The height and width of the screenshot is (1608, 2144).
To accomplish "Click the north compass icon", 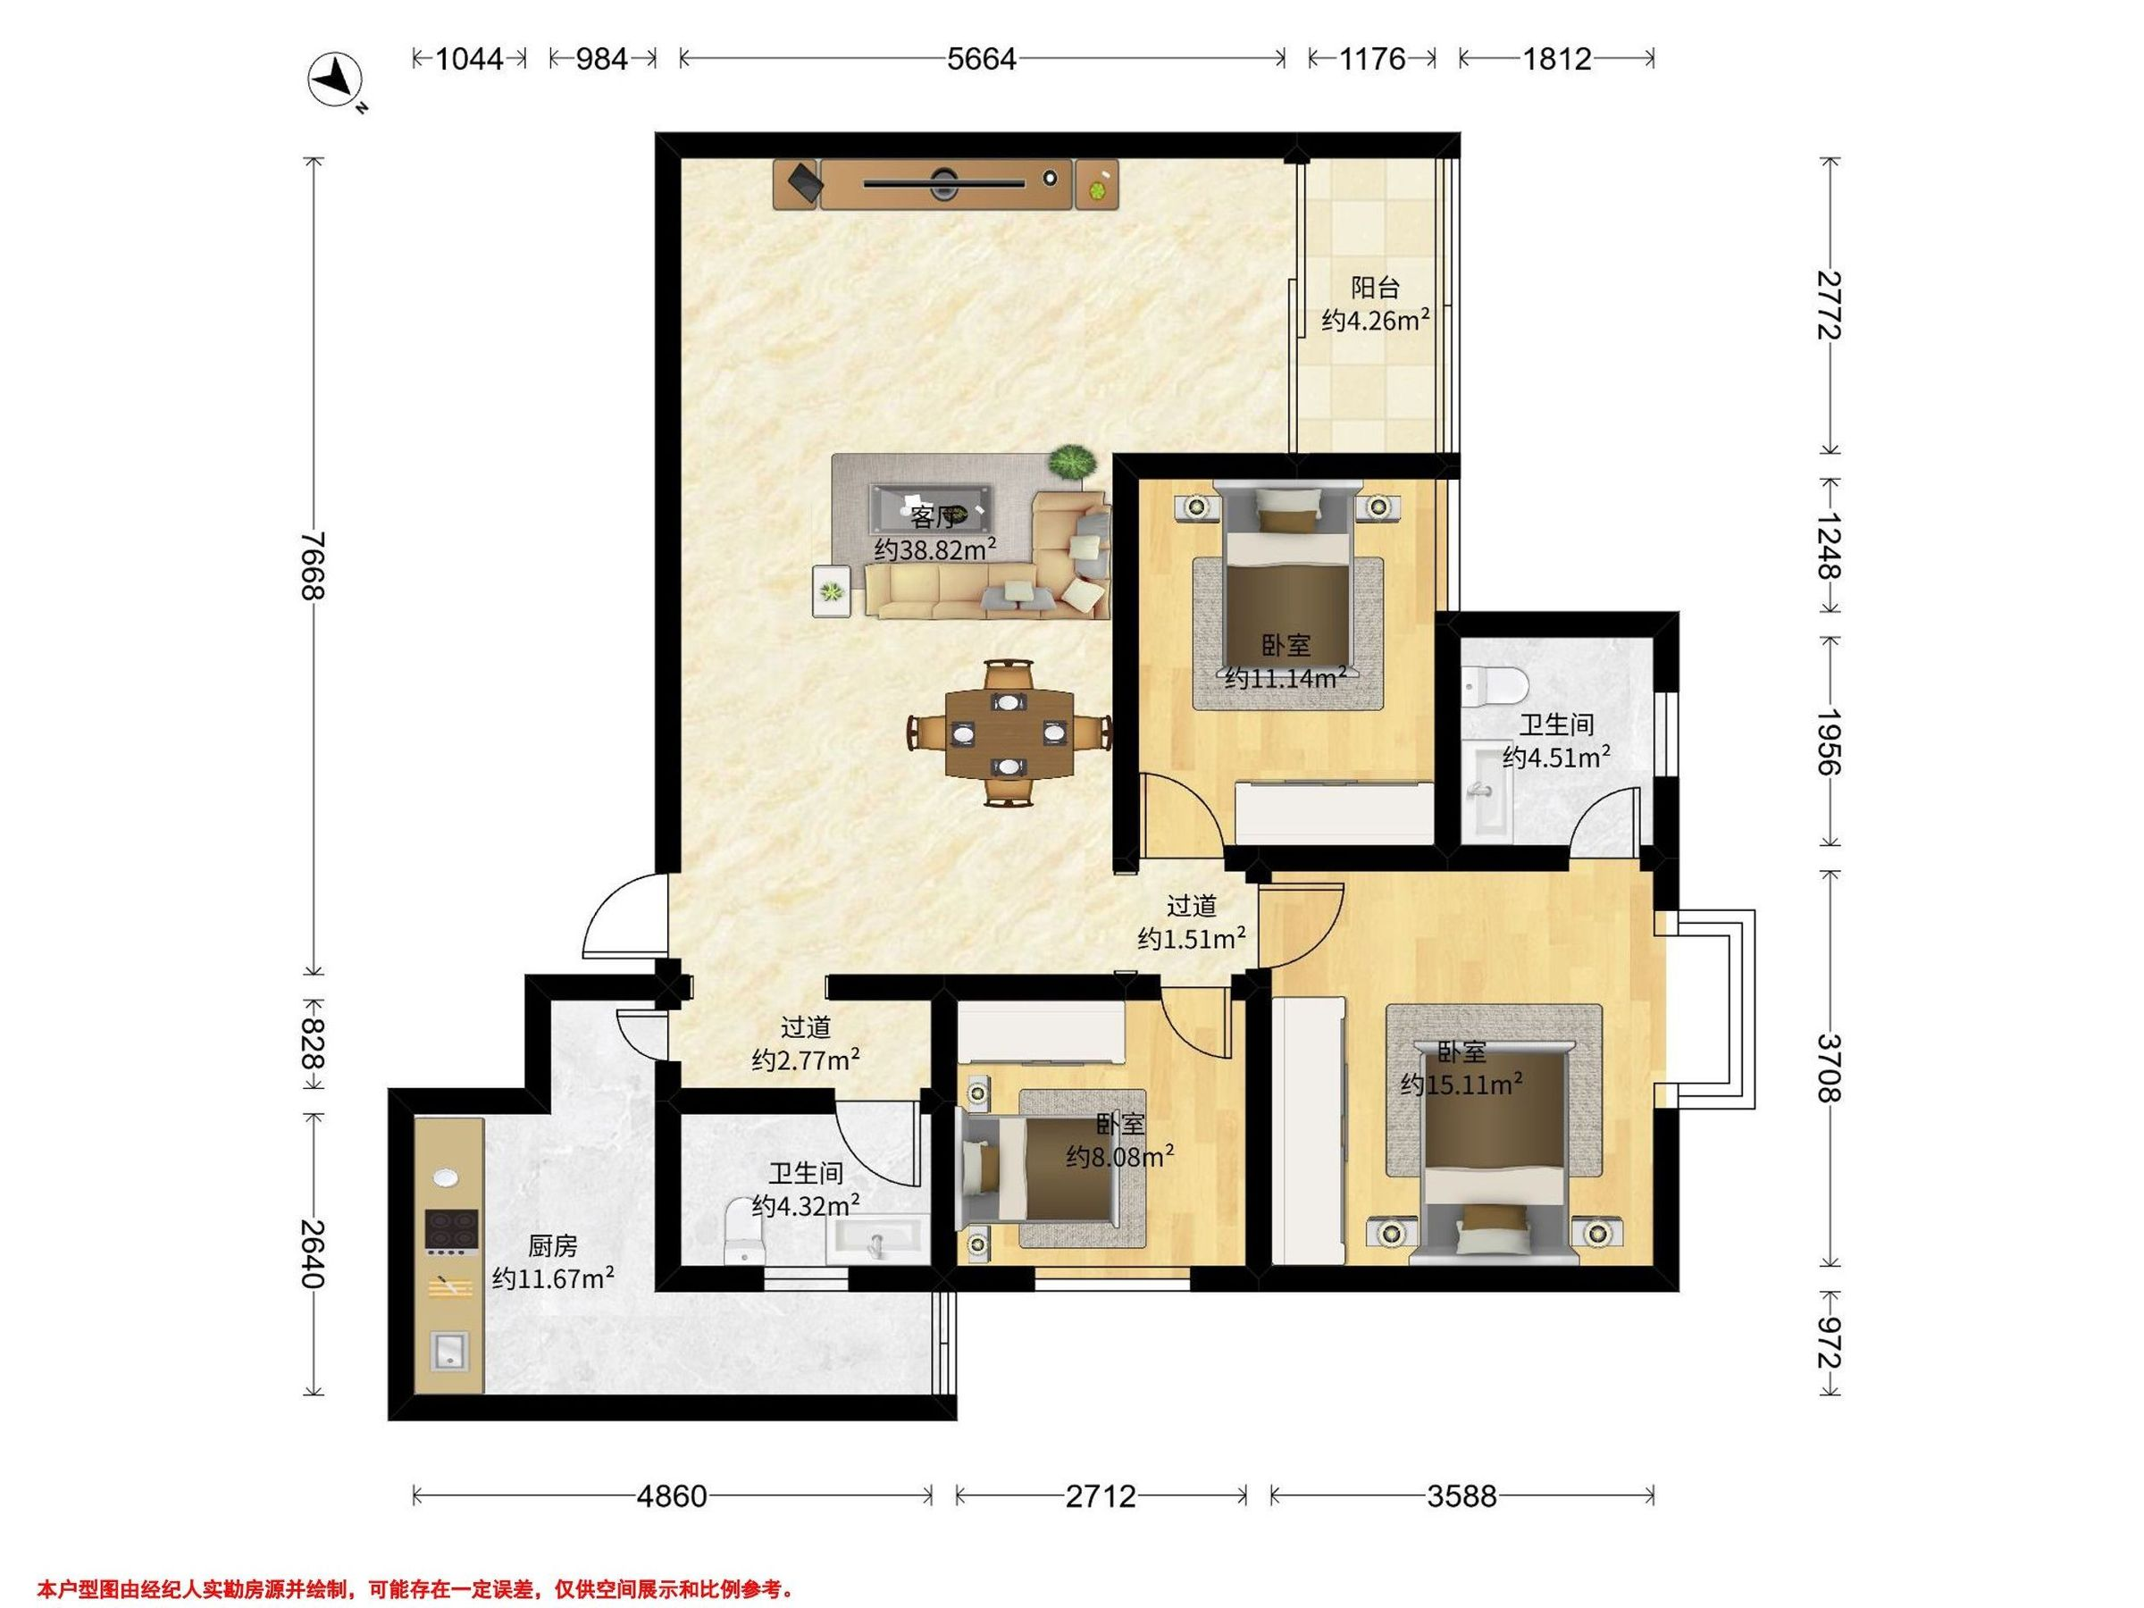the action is [334, 79].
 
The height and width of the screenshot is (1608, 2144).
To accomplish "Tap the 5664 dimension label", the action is [981, 59].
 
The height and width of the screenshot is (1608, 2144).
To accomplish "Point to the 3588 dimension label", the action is [1461, 1497].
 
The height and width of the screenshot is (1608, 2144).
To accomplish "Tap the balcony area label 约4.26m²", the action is [1376, 320].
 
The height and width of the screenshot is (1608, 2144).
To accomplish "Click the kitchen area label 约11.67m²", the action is [552, 1278].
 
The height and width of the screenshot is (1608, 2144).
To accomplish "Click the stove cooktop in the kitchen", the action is [452, 1231].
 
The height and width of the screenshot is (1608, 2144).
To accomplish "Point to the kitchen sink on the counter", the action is [448, 1349].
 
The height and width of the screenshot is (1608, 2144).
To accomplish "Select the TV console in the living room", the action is [945, 183].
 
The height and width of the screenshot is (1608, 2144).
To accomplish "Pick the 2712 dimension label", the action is [1100, 1497].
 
